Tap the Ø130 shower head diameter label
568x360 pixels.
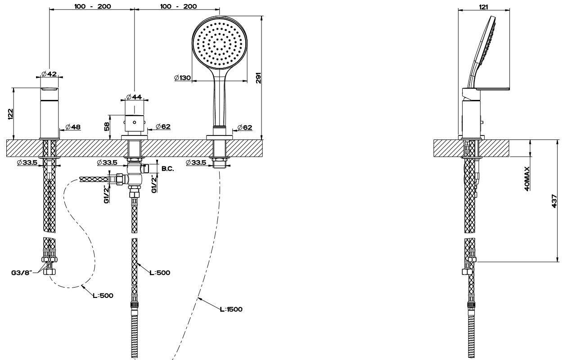pos(182,78)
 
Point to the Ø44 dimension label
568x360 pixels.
pos(134,97)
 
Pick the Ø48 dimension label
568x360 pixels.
pos(72,127)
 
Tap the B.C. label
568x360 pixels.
pos(167,168)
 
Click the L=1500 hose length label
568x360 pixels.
pos(231,309)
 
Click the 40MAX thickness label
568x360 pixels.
pos(527,178)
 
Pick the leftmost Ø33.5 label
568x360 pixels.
pos(27,163)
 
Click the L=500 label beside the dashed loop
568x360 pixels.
pos(103,295)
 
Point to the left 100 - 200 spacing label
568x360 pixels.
pos(91,6)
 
